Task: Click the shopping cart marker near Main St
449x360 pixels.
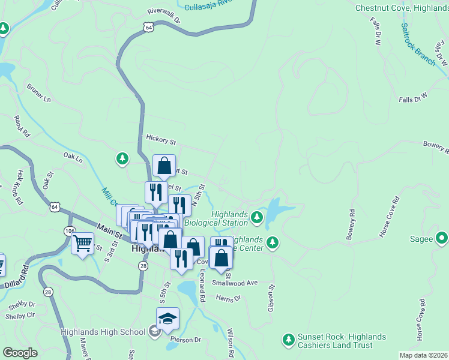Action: click(82, 244)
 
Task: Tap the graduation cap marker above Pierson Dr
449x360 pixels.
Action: click(167, 319)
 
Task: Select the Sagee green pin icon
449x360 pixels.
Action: click(442, 239)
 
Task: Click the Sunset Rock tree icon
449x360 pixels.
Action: click(288, 340)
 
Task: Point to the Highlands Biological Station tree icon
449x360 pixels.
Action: click(257, 216)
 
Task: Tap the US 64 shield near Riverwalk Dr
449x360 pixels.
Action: click(148, 27)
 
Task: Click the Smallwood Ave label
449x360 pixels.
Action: click(238, 283)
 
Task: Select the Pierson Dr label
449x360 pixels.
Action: click(185, 340)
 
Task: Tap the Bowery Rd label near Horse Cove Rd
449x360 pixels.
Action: click(351, 224)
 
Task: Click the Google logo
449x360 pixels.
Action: click(20, 353)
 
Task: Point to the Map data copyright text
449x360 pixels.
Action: click(424, 355)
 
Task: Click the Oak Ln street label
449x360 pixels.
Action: click(72, 157)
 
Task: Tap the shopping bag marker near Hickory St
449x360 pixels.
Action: click(164, 165)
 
